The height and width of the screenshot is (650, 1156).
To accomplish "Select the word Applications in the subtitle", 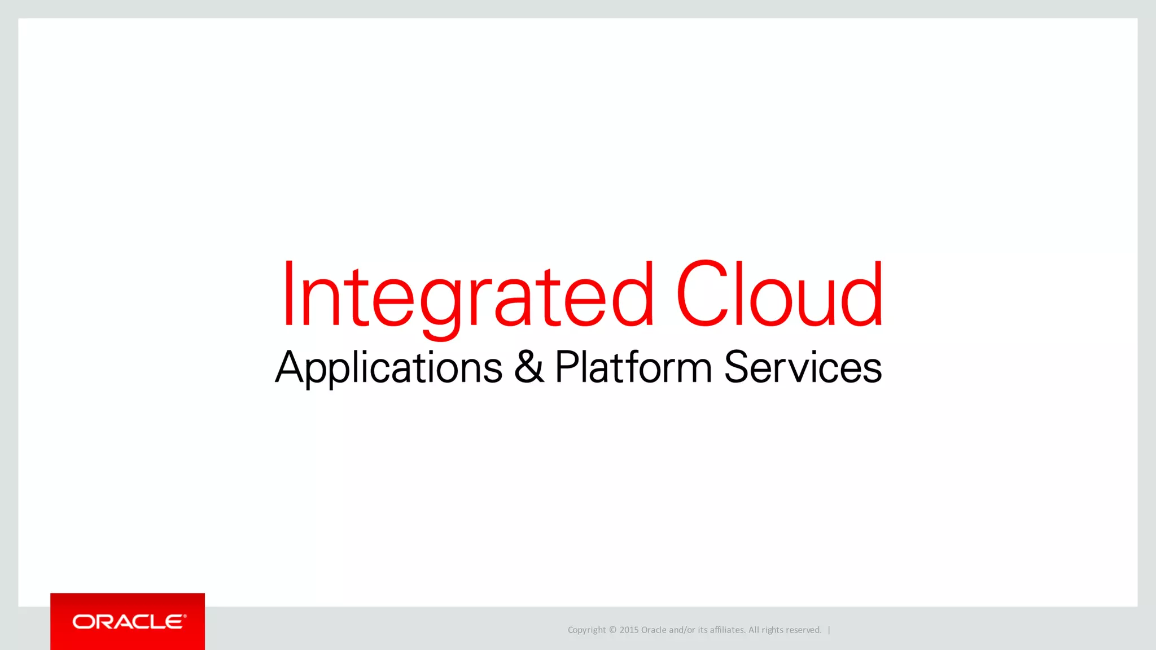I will pyautogui.click(x=388, y=367).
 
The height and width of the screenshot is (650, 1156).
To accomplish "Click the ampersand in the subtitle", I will pyautogui.click(x=529, y=367).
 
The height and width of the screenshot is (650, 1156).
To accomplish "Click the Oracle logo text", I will pyautogui.click(x=129, y=622).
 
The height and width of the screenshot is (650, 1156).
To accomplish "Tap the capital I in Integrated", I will pyautogui.click(x=289, y=295).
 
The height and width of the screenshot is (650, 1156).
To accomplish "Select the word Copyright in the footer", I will pyautogui.click(x=586, y=630).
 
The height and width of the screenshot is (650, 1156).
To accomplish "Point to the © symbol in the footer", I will pyautogui.click(x=613, y=630).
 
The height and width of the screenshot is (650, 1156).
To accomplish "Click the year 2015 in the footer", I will pyautogui.click(x=629, y=630).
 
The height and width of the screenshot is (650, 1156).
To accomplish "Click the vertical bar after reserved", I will pyautogui.click(x=829, y=630).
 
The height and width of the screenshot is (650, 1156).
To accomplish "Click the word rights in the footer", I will pyautogui.click(x=773, y=630).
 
